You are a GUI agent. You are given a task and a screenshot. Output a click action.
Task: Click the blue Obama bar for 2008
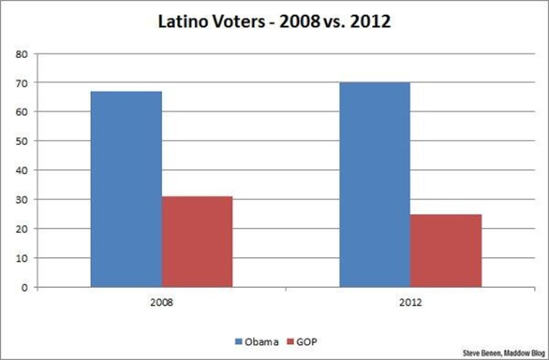126,189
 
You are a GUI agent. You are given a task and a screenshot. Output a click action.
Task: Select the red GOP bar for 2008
197,241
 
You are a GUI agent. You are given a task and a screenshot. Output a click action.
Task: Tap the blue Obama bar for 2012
374,185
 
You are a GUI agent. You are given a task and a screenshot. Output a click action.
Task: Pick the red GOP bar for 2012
446,250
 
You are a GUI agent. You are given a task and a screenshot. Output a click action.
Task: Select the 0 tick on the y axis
25,287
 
